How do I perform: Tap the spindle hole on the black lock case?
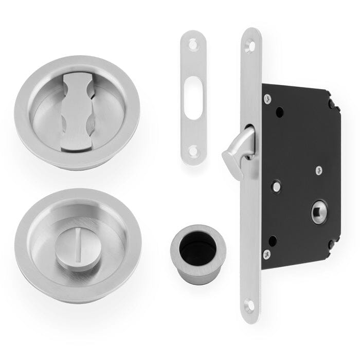[x=319, y=212]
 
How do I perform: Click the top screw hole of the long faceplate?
[x=251, y=47]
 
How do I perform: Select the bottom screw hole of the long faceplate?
[x=250, y=305]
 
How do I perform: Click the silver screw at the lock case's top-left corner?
[x=267, y=98]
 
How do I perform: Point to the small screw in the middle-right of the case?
[x=319, y=169]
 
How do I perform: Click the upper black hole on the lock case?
[x=279, y=112]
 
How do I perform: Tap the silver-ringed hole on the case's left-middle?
[x=277, y=187]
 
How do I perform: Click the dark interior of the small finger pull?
[x=198, y=249]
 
